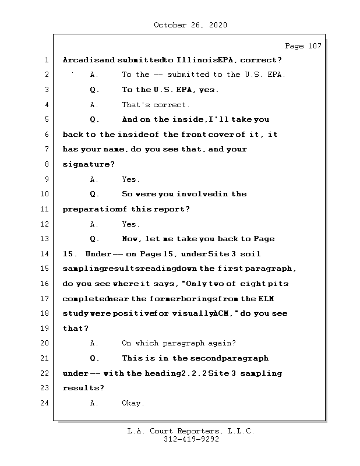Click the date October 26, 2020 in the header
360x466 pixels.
pos(190,25)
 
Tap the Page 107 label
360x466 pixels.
pos(303,46)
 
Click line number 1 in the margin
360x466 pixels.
pos(45,60)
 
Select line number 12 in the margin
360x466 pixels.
pos(45,224)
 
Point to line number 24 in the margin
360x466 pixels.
pos(45,403)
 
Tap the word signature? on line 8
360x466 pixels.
pos(89,164)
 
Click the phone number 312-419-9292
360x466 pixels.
pos(191,440)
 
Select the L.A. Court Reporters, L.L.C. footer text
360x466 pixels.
pos(191,432)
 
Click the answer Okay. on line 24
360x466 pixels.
pos(133,403)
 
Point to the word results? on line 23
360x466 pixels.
pos(83,388)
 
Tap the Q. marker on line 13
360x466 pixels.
pos(95,239)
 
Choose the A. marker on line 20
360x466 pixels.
pos(94,343)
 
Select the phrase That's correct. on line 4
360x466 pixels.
pos(156,105)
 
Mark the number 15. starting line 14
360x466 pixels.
pos(70,254)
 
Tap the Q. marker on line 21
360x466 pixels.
pos(95,358)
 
